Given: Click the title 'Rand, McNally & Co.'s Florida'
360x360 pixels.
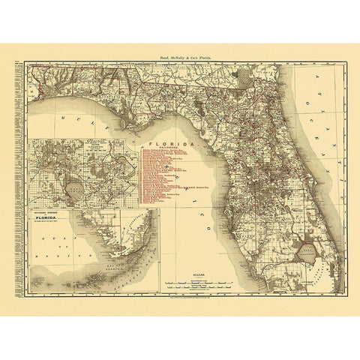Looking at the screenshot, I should (x=180, y=56).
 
